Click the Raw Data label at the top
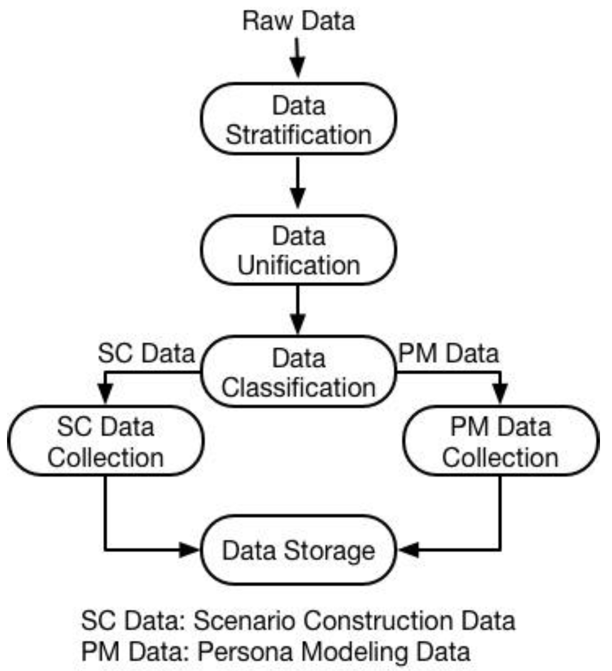(298, 21)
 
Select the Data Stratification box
(298, 120)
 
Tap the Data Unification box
(298, 250)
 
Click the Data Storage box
(298, 551)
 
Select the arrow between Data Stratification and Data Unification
(298, 183)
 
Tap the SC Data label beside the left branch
(146, 354)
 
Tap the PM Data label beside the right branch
(448, 354)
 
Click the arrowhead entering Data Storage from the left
(190, 550)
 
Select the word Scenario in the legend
(245, 621)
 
